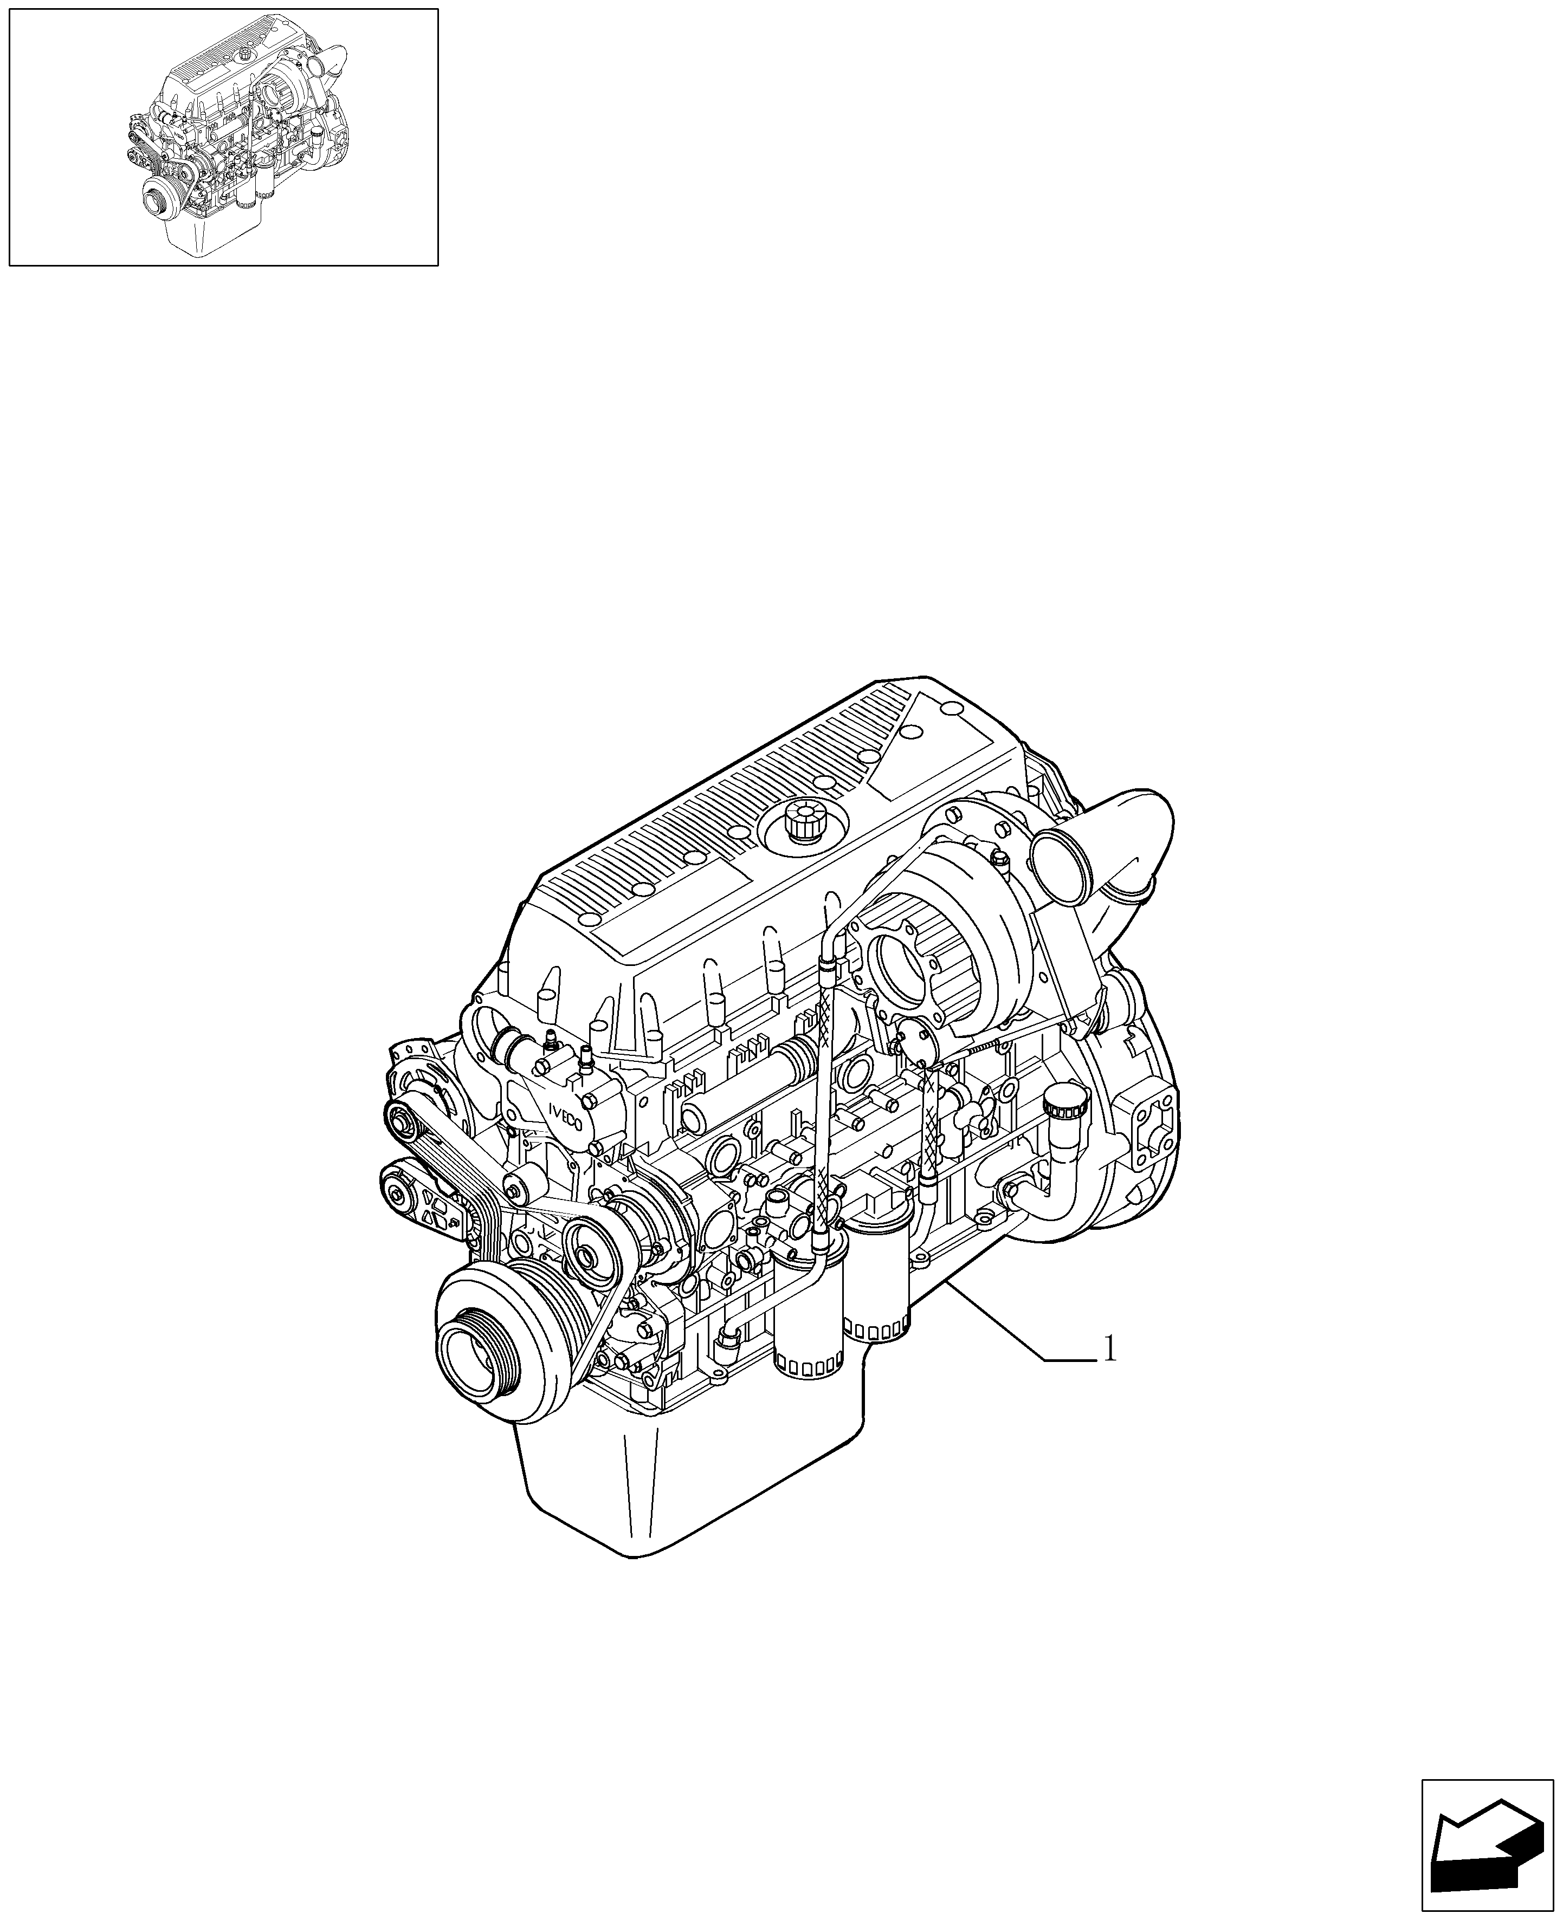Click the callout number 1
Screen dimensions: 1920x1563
click(1110, 1374)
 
